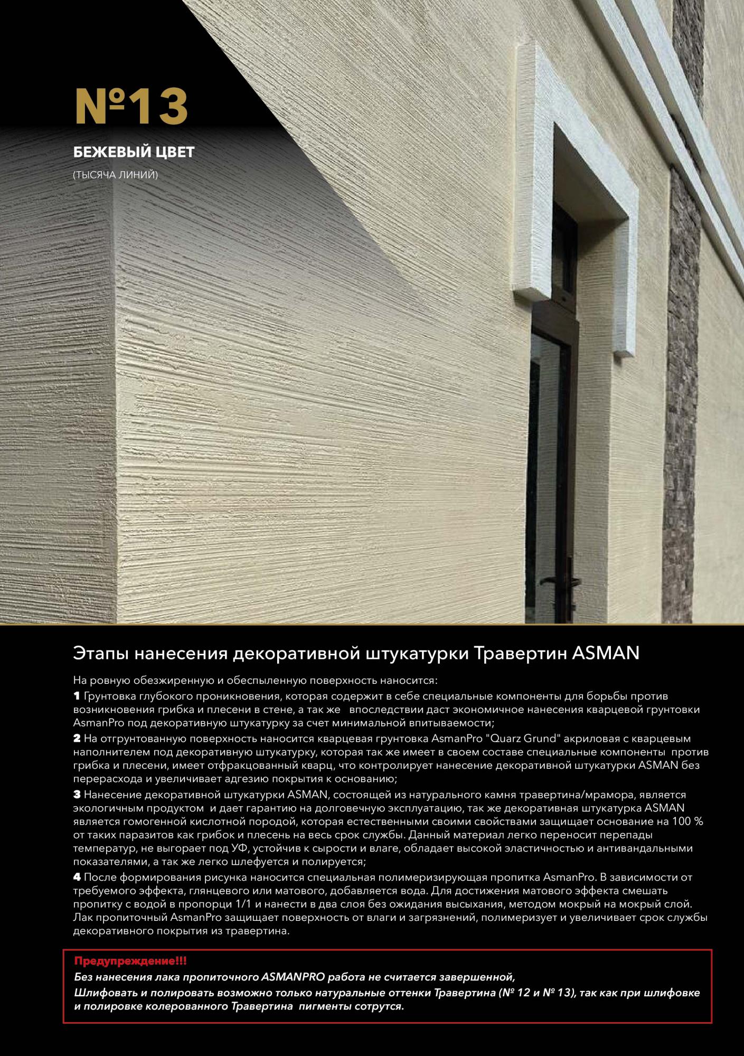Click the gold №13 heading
click(131, 107)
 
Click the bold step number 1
click(77, 696)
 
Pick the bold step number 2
click(77, 739)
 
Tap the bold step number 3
click(77, 795)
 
